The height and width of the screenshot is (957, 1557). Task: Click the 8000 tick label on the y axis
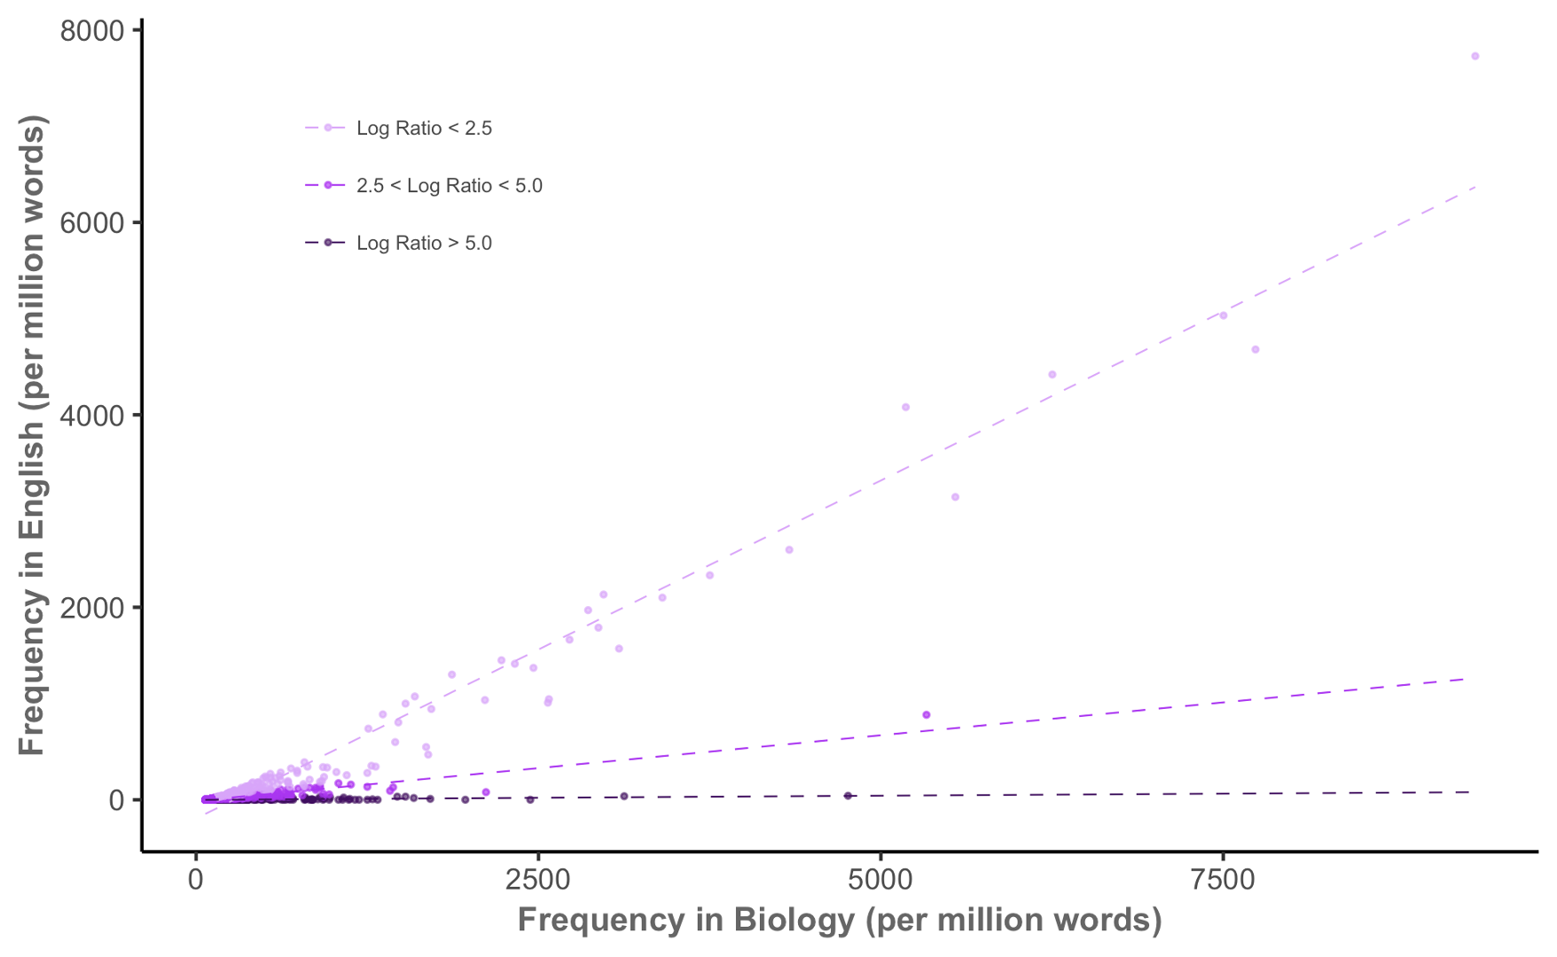(92, 31)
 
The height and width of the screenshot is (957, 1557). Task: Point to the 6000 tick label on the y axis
(92, 222)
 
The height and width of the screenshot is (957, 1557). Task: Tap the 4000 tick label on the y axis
(92, 415)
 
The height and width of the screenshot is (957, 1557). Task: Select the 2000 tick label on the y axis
(92, 607)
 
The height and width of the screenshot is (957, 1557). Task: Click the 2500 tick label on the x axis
(538, 880)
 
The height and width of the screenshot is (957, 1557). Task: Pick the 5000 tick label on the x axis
(880, 880)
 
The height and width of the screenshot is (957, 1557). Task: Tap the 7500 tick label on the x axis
(1223, 880)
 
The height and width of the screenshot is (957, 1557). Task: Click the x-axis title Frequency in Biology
(840, 920)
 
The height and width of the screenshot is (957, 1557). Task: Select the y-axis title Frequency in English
(32, 435)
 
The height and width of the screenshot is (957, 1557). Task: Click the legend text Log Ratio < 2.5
(424, 128)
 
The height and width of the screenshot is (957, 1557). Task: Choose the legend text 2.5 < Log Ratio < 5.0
(450, 186)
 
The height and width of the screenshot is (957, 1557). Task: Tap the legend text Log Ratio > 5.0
(424, 244)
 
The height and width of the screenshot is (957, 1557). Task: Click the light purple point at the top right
(1475, 56)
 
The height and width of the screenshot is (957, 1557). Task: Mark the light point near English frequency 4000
(905, 408)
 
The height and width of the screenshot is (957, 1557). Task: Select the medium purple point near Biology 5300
(927, 715)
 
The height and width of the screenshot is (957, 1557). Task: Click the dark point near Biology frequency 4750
(848, 796)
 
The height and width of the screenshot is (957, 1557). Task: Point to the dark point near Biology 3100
(624, 797)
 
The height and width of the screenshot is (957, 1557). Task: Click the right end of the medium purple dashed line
(1463, 679)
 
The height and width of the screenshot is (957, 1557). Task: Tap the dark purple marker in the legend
(328, 243)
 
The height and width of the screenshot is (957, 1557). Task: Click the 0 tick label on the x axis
(196, 880)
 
